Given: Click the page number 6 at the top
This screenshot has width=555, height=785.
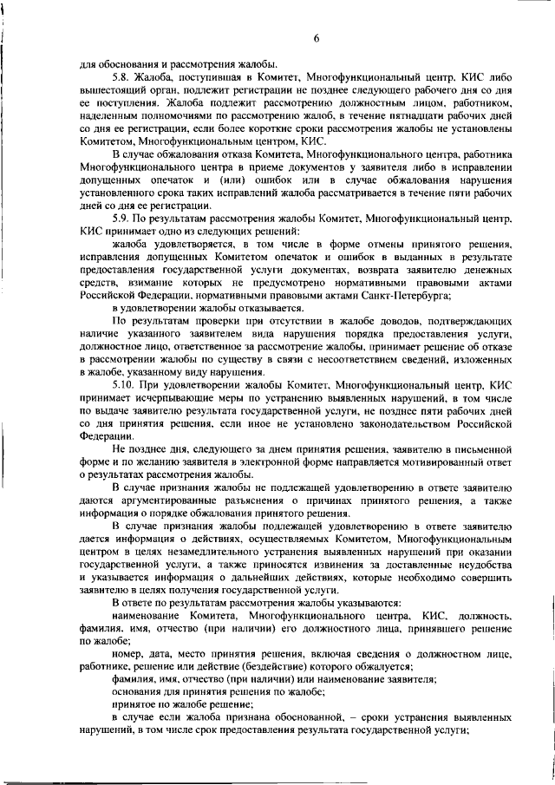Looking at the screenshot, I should pos(317,37).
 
